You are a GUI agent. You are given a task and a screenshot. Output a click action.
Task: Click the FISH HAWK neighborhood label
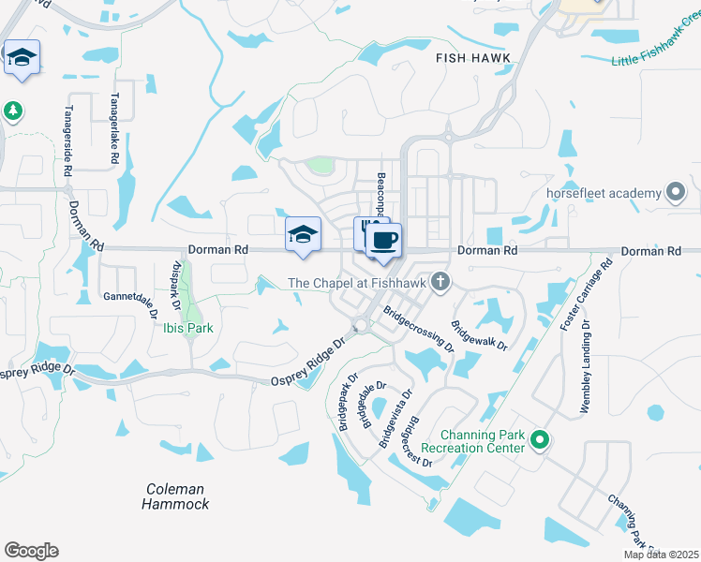[x=473, y=58]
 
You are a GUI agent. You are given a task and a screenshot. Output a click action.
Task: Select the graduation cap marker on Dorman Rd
[x=303, y=235]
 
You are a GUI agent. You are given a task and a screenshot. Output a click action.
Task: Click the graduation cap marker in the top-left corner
[x=22, y=59]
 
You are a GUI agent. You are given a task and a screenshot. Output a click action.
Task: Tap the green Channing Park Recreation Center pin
[x=539, y=438]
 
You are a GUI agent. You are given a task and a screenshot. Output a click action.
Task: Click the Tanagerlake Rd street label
[x=113, y=117]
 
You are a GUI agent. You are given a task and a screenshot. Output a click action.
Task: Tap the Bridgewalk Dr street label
[x=479, y=335]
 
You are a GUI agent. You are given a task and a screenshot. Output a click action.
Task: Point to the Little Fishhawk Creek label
[x=657, y=50]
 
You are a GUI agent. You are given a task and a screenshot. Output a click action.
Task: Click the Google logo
[x=31, y=551]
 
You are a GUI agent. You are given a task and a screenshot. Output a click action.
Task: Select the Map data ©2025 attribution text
[x=661, y=555]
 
